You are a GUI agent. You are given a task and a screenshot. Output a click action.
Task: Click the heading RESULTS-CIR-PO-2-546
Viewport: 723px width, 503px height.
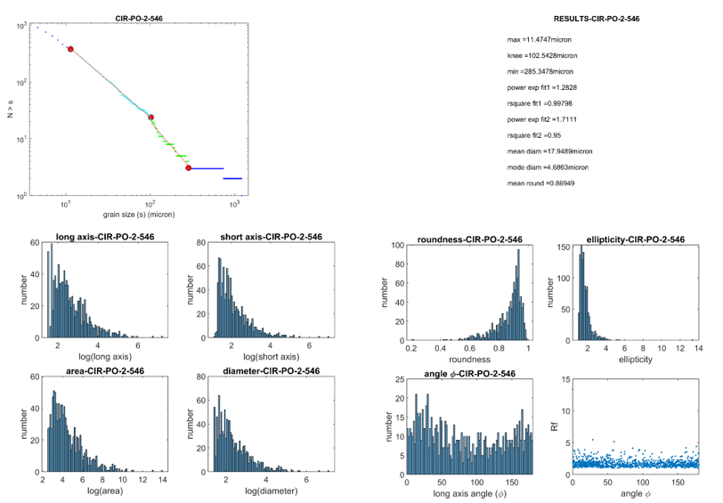[x=597, y=18]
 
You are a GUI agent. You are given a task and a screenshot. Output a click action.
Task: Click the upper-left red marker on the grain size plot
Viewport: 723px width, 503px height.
[x=70, y=49]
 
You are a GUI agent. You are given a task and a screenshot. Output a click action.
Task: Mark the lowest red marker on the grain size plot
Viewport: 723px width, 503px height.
[x=189, y=167]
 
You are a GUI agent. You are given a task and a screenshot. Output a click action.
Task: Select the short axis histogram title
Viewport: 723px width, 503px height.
[x=271, y=237]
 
